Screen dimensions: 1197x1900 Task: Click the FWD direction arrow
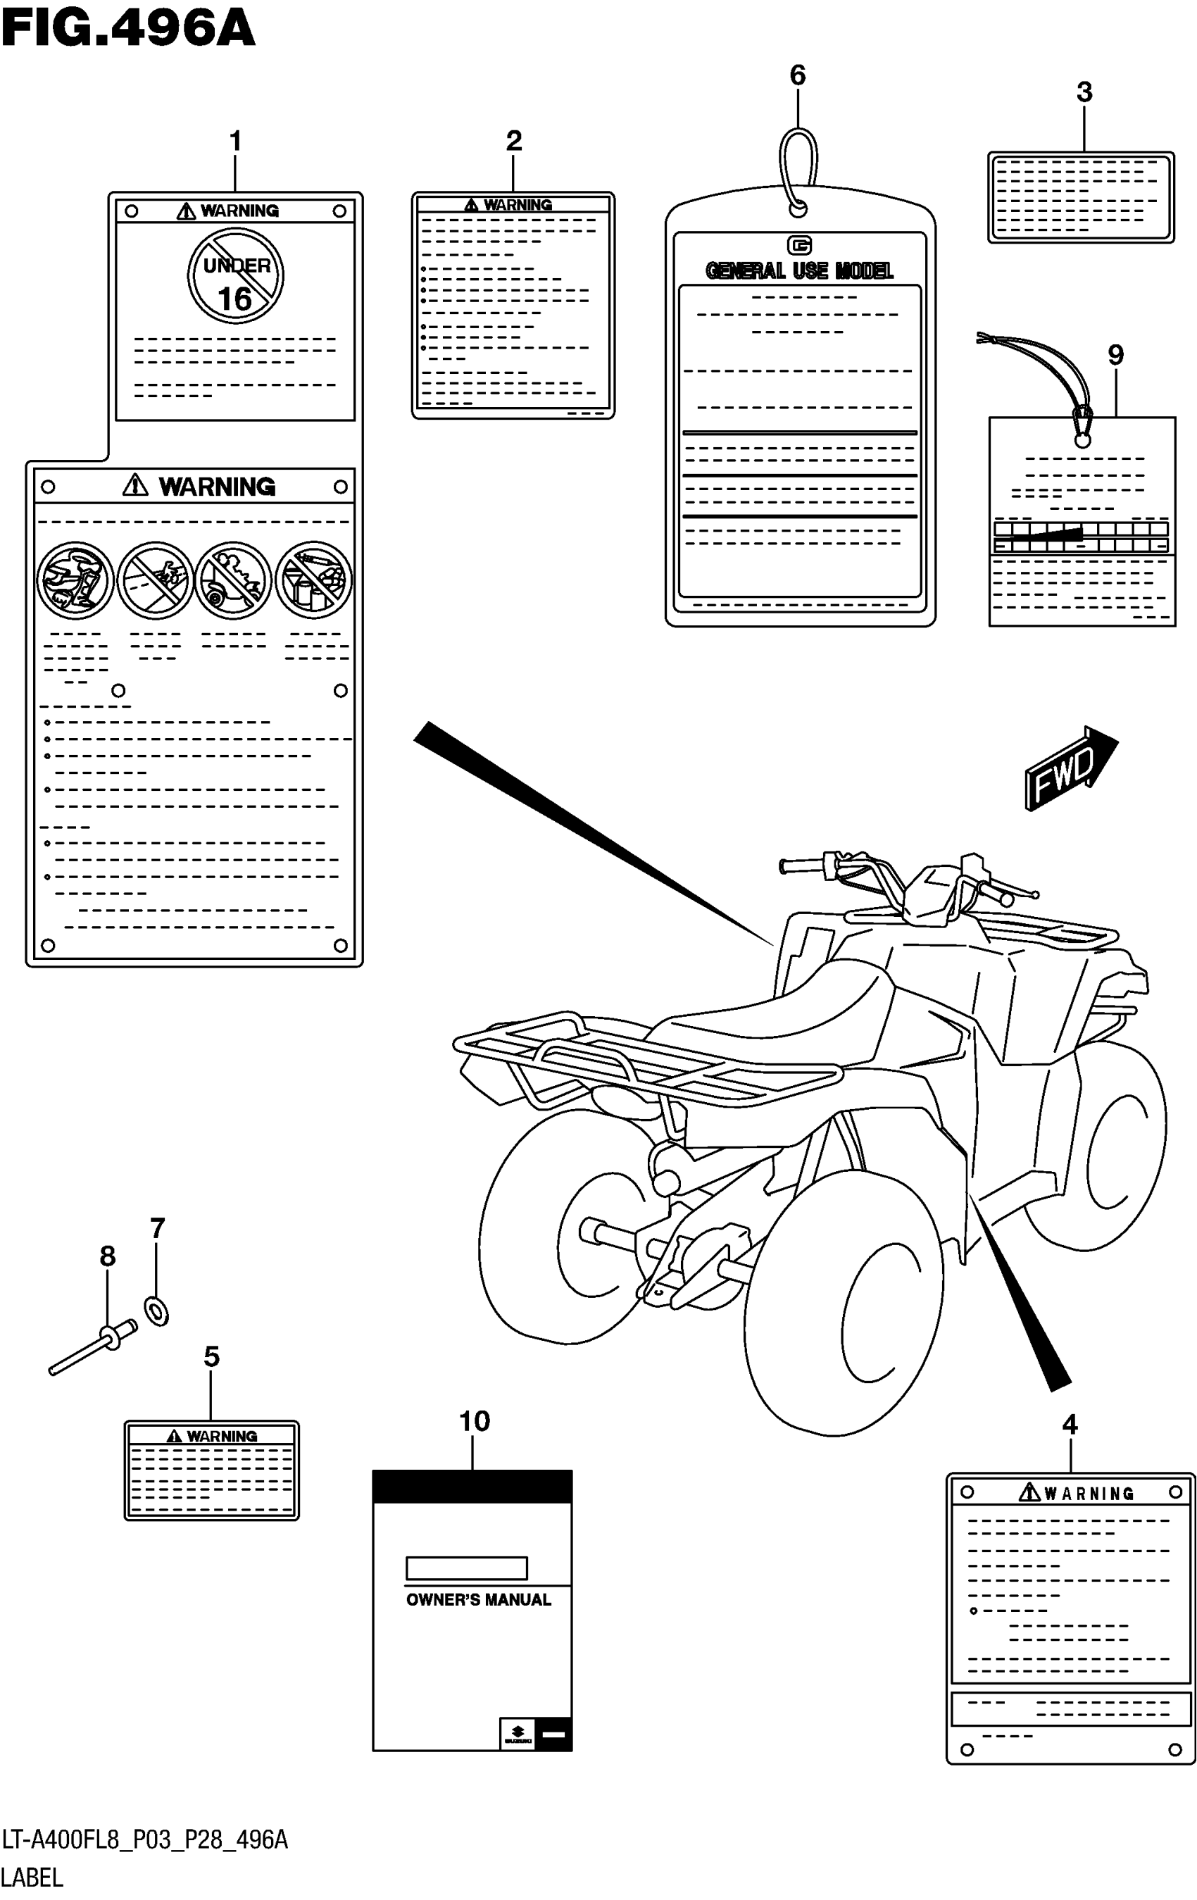click(x=1070, y=768)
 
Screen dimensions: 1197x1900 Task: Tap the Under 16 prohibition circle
click(x=235, y=275)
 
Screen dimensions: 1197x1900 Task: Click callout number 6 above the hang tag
click(x=798, y=76)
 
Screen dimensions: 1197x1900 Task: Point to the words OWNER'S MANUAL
click(x=478, y=1600)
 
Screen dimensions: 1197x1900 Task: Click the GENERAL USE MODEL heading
click(x=798, y=270)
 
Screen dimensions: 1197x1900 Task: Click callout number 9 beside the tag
click(x=1115, y=355)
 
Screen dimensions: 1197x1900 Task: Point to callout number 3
click(x=1084, y=92)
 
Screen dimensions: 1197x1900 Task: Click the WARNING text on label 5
click(x=221, y=1437)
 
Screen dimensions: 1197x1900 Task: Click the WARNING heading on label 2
click(x=517, y=205)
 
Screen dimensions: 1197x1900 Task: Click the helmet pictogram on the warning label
click(x=75, y=581)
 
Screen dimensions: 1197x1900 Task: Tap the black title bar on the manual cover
click(x=472, y=1487)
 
